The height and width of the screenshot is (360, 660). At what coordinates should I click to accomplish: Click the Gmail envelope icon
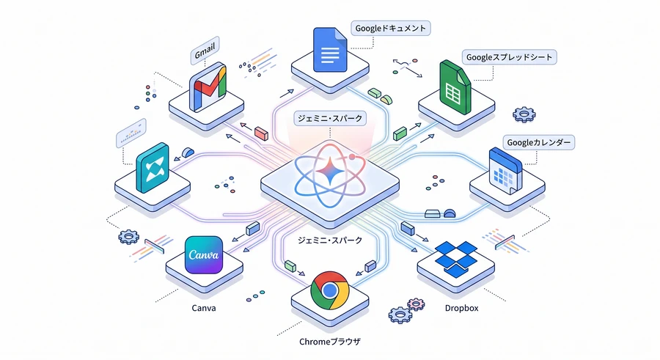[208, 87]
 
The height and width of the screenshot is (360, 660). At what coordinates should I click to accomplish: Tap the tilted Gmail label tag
[205, 51]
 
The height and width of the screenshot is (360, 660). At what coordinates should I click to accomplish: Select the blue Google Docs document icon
[330, 50]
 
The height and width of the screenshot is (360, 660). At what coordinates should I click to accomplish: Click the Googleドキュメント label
[391, 28]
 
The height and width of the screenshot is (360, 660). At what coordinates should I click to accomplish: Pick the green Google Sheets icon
[455, 87]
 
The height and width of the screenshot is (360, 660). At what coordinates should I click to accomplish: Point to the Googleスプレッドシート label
[510, 57]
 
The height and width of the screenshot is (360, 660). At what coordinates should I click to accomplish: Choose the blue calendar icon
[505, 171]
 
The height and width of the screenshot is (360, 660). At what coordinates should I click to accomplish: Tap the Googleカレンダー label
[539, 142]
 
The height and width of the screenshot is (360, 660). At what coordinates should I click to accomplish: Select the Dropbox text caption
[462, 308]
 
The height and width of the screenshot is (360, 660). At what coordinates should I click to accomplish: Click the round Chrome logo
[329, 290]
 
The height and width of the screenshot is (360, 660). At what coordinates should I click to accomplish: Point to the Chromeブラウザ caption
[330, 342]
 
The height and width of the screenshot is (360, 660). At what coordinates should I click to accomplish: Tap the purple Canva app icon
[204, 254]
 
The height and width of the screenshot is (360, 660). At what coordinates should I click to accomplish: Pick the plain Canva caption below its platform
[204, 308]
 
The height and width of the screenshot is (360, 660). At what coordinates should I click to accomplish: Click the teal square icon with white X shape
[153, 168]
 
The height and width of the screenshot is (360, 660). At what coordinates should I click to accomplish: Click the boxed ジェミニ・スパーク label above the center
[330, 118]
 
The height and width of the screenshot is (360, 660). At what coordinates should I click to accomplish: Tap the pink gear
[416, 304]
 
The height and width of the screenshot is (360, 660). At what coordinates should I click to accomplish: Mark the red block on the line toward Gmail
[261, 133]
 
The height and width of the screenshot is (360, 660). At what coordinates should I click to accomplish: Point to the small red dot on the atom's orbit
[352, 157]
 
